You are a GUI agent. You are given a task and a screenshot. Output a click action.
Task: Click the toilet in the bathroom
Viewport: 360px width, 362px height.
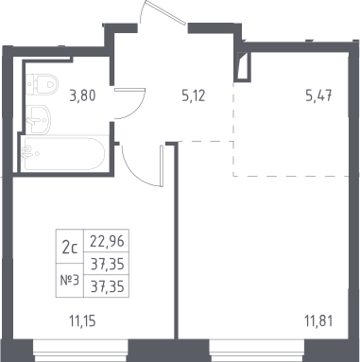42,84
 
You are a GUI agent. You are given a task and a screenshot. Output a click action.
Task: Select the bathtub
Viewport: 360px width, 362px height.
64,153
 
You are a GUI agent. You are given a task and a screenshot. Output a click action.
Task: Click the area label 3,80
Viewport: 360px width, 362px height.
82,95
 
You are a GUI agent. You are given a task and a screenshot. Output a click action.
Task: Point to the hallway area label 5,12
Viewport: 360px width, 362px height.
194,95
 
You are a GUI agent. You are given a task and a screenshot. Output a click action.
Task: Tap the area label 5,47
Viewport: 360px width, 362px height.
318,95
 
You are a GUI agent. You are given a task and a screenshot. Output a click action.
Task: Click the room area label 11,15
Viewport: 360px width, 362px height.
82,321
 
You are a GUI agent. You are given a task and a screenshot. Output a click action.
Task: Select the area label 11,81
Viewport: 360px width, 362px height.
318,321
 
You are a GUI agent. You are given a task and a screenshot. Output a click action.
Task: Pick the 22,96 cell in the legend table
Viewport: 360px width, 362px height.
107,241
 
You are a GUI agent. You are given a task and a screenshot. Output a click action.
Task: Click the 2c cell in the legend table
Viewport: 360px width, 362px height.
70,247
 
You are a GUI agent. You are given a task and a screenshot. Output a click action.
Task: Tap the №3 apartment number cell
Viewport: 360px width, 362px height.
70,280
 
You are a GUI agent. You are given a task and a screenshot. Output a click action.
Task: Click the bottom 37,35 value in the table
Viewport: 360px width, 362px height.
107,286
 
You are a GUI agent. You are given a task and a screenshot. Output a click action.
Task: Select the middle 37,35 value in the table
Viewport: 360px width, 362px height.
107,264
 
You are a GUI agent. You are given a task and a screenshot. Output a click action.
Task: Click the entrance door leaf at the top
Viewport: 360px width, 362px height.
164,12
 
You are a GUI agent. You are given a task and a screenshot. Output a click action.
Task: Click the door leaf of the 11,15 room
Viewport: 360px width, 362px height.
162,165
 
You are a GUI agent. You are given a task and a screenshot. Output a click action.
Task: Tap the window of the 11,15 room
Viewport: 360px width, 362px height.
80,351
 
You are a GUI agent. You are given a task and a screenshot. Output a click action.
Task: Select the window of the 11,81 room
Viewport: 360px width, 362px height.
257,351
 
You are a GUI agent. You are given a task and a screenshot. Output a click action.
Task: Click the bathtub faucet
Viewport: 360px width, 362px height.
27,153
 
